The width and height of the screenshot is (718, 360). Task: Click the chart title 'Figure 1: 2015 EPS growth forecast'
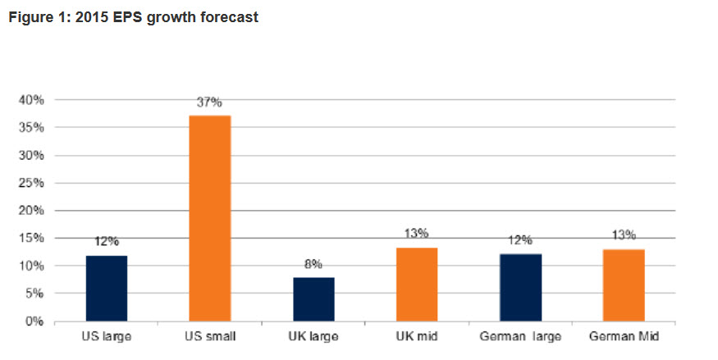(x=132, y=16)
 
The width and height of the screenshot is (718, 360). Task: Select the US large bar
(x=107, y=289)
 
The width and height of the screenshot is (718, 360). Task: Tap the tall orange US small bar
(x=210, y=218)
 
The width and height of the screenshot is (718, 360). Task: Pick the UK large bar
(x=313, y=299)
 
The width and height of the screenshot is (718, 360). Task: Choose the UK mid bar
(x=417, y=285)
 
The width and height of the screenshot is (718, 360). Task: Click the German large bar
(x=520, y=288)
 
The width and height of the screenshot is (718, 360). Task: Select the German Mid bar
(x=623, y=285)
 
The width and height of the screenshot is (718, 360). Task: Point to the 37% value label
(x=210, y=103)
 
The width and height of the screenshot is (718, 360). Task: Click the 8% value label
(x=313, y=265)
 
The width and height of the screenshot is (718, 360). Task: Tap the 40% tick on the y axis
(x=32, y=100)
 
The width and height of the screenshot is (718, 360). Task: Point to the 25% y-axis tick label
(x=32, y=183)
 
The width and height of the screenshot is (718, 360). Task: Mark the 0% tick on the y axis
(x=34, y=321)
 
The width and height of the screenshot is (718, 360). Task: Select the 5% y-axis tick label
(x=34, y=294)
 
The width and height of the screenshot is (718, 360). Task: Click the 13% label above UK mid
(x=417, y=234)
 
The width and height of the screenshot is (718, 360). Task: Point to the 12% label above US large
(x=107, y=242)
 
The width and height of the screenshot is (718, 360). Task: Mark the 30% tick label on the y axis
(x=32, y=156)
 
